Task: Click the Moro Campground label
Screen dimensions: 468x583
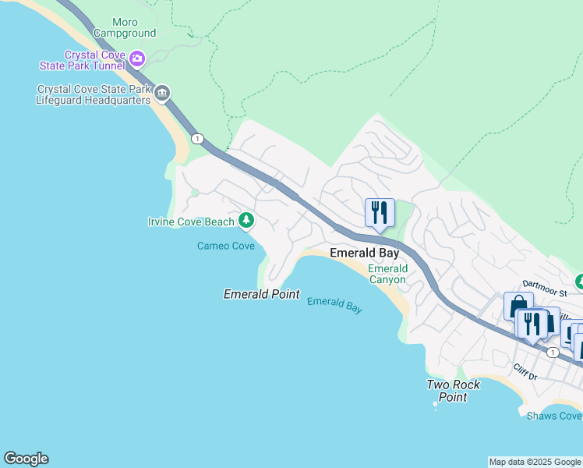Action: pos(124,28)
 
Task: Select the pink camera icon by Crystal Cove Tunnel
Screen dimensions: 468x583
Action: pos(138,58)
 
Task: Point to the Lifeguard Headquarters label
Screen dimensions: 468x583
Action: pos(94,95)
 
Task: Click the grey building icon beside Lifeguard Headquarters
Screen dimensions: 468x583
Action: pos(162,94)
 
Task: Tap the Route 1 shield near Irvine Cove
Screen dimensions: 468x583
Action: pos(198,139)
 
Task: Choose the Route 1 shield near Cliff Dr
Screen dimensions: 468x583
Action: pos(553,353)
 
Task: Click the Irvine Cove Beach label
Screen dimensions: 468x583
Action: pos(191,222)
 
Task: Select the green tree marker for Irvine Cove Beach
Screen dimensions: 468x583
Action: pos(246,221)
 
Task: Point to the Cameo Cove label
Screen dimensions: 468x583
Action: pos(225,246)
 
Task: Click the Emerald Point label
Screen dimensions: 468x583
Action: pos(261,294)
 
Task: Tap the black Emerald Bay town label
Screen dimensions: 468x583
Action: pos(364,253)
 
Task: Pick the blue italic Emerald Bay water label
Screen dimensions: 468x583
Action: pos(334,305)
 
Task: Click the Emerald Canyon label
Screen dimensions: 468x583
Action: pos(387,274)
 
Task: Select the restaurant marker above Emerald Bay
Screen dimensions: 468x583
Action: pos(380,212)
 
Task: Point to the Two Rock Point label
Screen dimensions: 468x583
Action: pos(453,391)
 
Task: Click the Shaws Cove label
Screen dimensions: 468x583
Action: pos(554,416)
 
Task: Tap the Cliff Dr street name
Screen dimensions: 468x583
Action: pos(525,371)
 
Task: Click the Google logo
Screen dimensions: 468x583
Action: pos(26,459)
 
